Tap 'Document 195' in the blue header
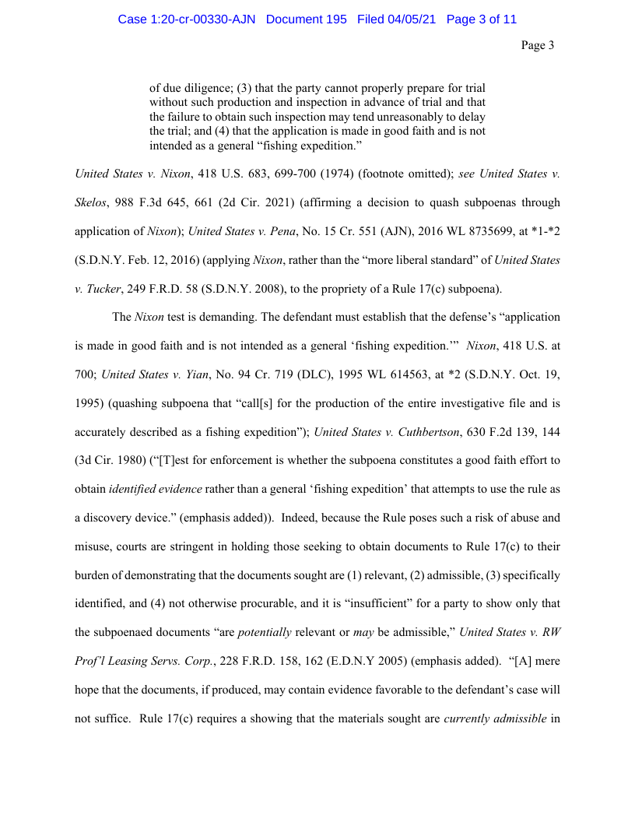(306, 19)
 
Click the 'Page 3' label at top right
(537, 46)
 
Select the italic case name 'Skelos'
(92, 202)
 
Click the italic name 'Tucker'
(104, 289)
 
